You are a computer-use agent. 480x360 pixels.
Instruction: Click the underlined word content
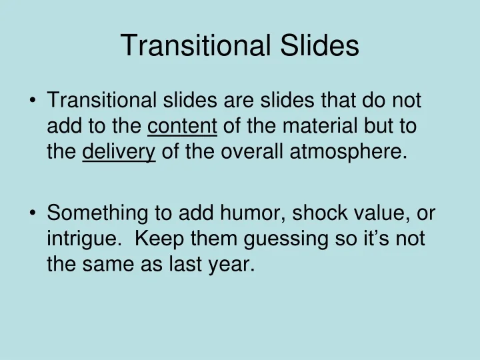pos(182,127)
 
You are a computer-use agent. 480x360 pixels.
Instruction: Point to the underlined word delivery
pos(119,153)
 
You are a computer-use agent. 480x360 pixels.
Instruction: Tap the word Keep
pos(154,239)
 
